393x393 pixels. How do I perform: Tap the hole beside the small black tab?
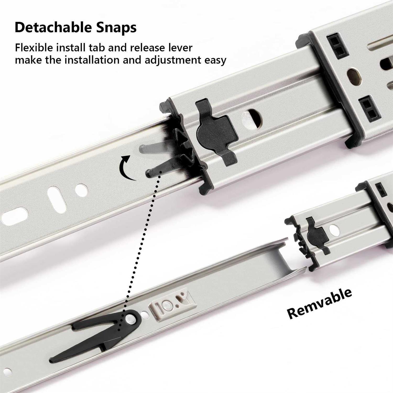pos(334,230)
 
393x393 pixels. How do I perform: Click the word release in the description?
pos(148,48)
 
